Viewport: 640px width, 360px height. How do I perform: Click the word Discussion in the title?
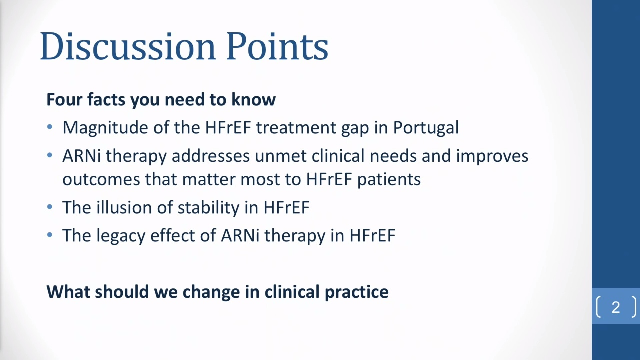click(127, 46)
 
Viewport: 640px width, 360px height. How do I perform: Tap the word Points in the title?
click(277, 46)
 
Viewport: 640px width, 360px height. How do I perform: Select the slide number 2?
click(616, 307)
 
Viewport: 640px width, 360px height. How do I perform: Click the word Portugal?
click(426, 127)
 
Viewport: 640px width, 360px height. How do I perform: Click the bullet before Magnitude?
click(50, 127)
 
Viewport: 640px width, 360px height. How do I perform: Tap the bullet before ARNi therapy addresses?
click(50, 155)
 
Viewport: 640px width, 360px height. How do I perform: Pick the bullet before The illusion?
click(50, 207)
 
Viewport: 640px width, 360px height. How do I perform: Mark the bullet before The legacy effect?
click(50, 235)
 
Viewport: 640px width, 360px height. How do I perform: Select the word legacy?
click(121, 236)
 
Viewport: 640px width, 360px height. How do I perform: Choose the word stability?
click(209, 207)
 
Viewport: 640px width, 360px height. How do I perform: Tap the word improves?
click(492, 157)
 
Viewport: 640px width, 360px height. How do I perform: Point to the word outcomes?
click(101, 179)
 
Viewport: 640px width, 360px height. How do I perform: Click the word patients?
click(389, 180)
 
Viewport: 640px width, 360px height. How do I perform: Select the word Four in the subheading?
click(64, 99)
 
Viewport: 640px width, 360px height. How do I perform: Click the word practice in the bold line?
click(357, 292)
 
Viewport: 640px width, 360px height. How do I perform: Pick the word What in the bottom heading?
click(68, 292)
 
